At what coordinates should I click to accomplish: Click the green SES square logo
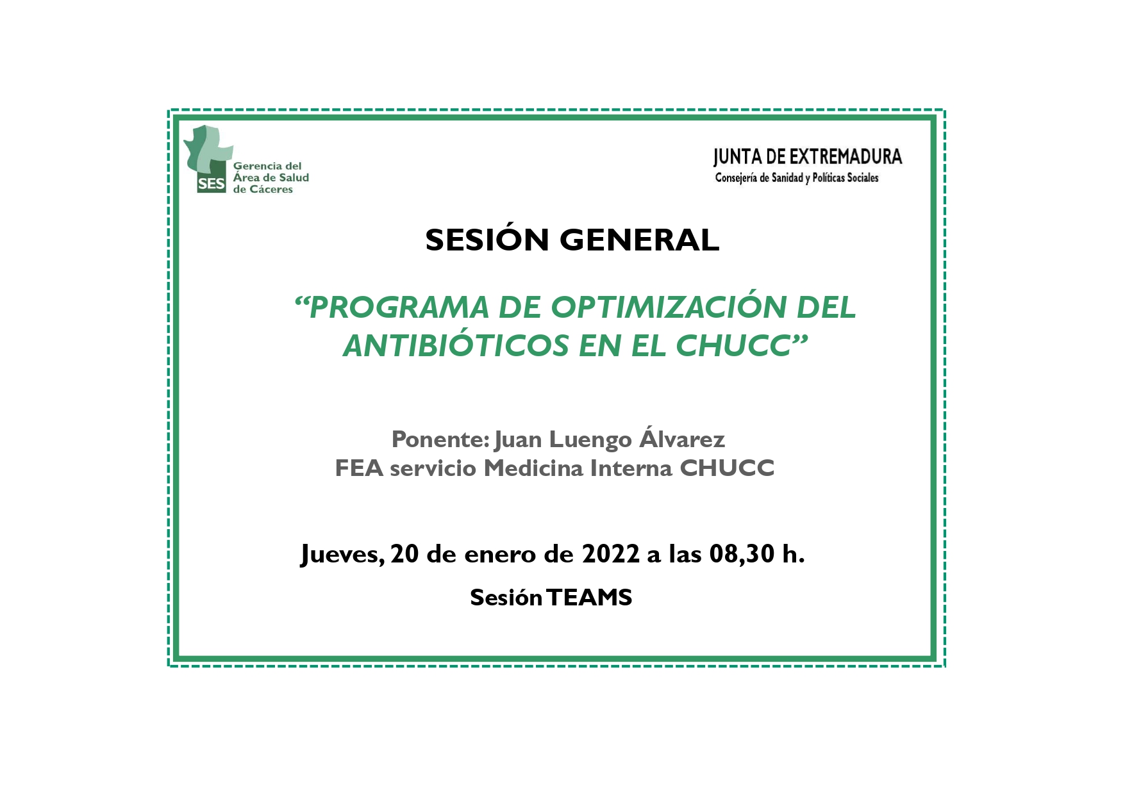click(212, 184)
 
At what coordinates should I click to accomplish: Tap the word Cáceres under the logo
click(271, 190)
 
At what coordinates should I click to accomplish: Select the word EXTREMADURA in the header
click(845, 157)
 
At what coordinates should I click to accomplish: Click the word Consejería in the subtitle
click(736, 178)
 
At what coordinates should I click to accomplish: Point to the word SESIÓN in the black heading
click(487, 240)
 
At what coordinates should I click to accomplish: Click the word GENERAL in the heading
click(639, 240)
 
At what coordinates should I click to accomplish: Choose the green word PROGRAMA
click(399, 307)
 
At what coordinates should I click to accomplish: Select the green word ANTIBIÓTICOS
click(456, 346)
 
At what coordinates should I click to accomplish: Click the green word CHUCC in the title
click(733, 346)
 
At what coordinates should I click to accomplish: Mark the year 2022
click(610, 553)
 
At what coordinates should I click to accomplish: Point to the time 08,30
click(742, 554)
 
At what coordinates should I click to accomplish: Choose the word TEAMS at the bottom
click(590, 598)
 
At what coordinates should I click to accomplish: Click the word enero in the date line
click(500, 555)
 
